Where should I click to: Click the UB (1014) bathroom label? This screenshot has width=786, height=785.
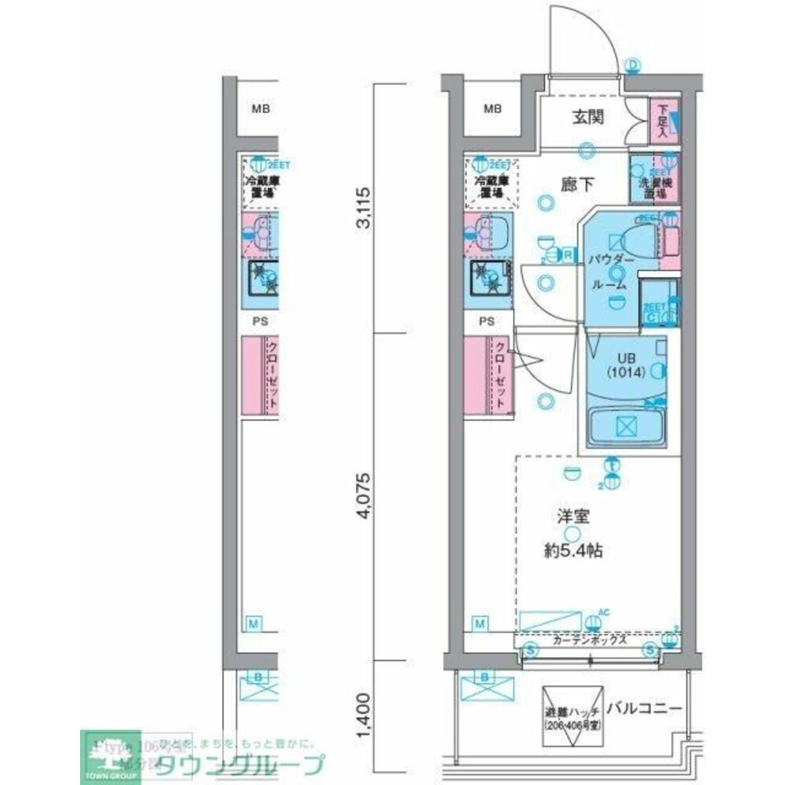[625, 367]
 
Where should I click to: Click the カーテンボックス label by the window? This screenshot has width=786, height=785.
[589, 640]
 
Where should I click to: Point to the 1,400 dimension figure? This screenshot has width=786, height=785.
[363, 721]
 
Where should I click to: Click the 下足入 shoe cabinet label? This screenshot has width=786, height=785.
[662, 122]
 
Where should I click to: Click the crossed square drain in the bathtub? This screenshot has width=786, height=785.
[625, 426]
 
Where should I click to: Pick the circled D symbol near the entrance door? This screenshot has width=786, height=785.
[633, 65]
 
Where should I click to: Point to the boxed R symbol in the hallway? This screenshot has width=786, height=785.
[566, 254]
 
